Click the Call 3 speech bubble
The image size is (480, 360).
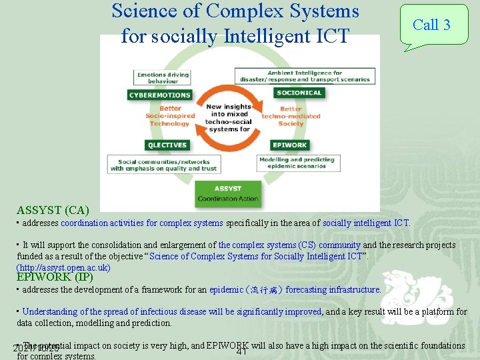(433, 25)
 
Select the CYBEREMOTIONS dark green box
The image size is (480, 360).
(159, 95)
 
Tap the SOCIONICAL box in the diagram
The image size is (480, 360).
(299, 93)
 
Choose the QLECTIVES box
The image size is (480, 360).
(167, 145)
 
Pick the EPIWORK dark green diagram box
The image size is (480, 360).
(289, 145)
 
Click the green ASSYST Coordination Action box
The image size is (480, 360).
(228, 192)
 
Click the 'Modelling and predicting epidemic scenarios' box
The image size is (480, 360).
(297, 163)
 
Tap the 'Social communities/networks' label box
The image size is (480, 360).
(164, 165)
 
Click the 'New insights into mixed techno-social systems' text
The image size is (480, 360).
(229, 117)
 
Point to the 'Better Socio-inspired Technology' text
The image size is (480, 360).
(170, 116)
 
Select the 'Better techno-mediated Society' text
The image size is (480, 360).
(291, 116)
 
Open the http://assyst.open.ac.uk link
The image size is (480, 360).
(63, 267)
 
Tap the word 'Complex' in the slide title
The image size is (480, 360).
(257, 11)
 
